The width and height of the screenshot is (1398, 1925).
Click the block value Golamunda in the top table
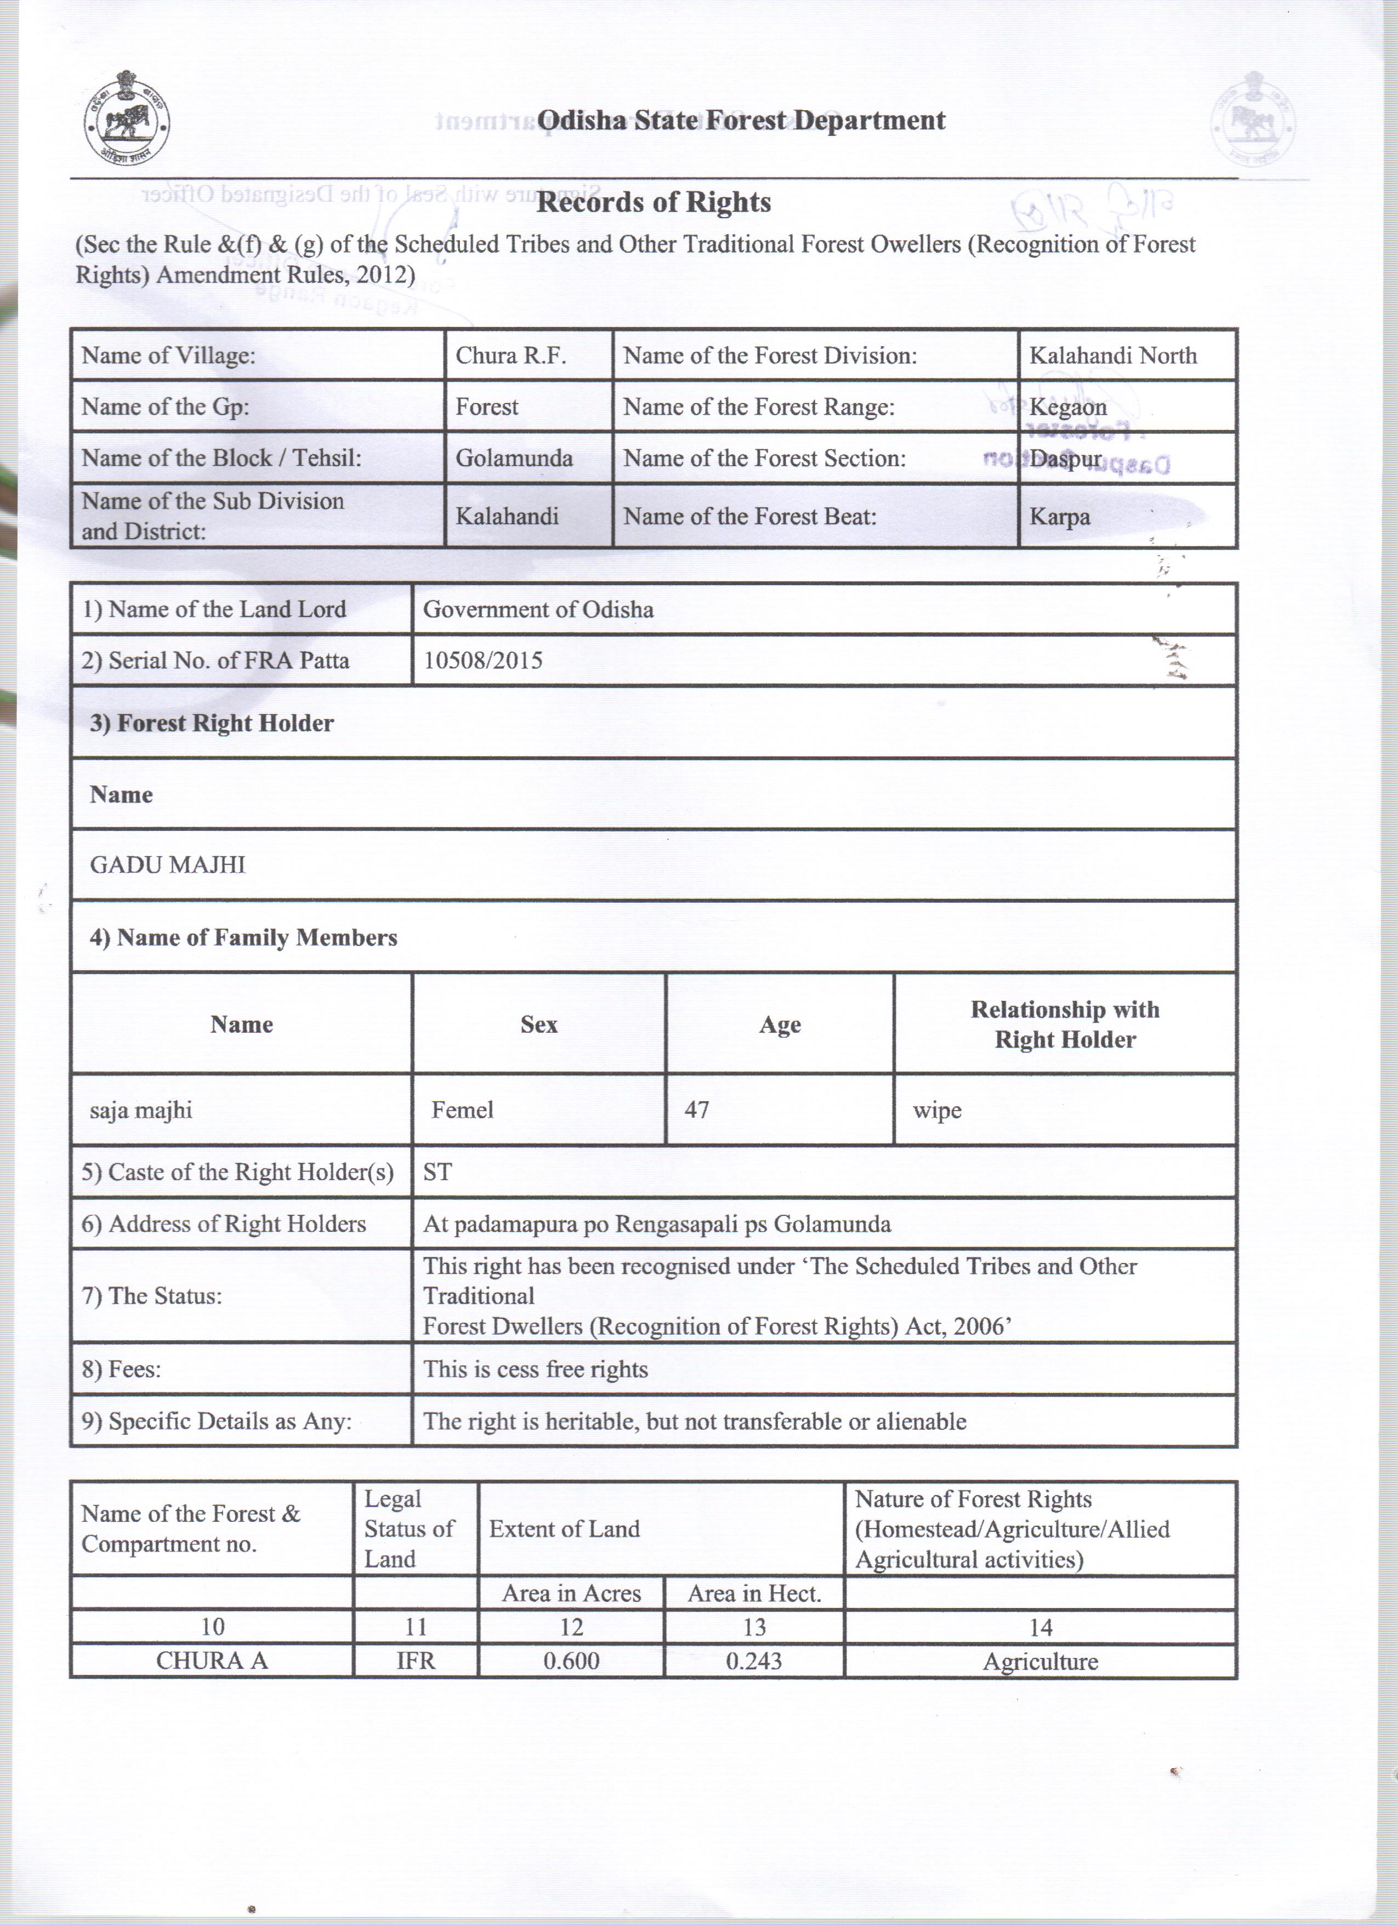click(514, 458)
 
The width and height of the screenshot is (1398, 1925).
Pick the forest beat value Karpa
click(1060, 517)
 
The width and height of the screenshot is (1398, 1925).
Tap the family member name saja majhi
click(141, 1110)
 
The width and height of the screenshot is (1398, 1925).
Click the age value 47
click(696, 1110)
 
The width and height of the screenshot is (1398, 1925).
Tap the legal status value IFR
click(416, 1661)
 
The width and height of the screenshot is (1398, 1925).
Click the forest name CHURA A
click(212, 1661)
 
